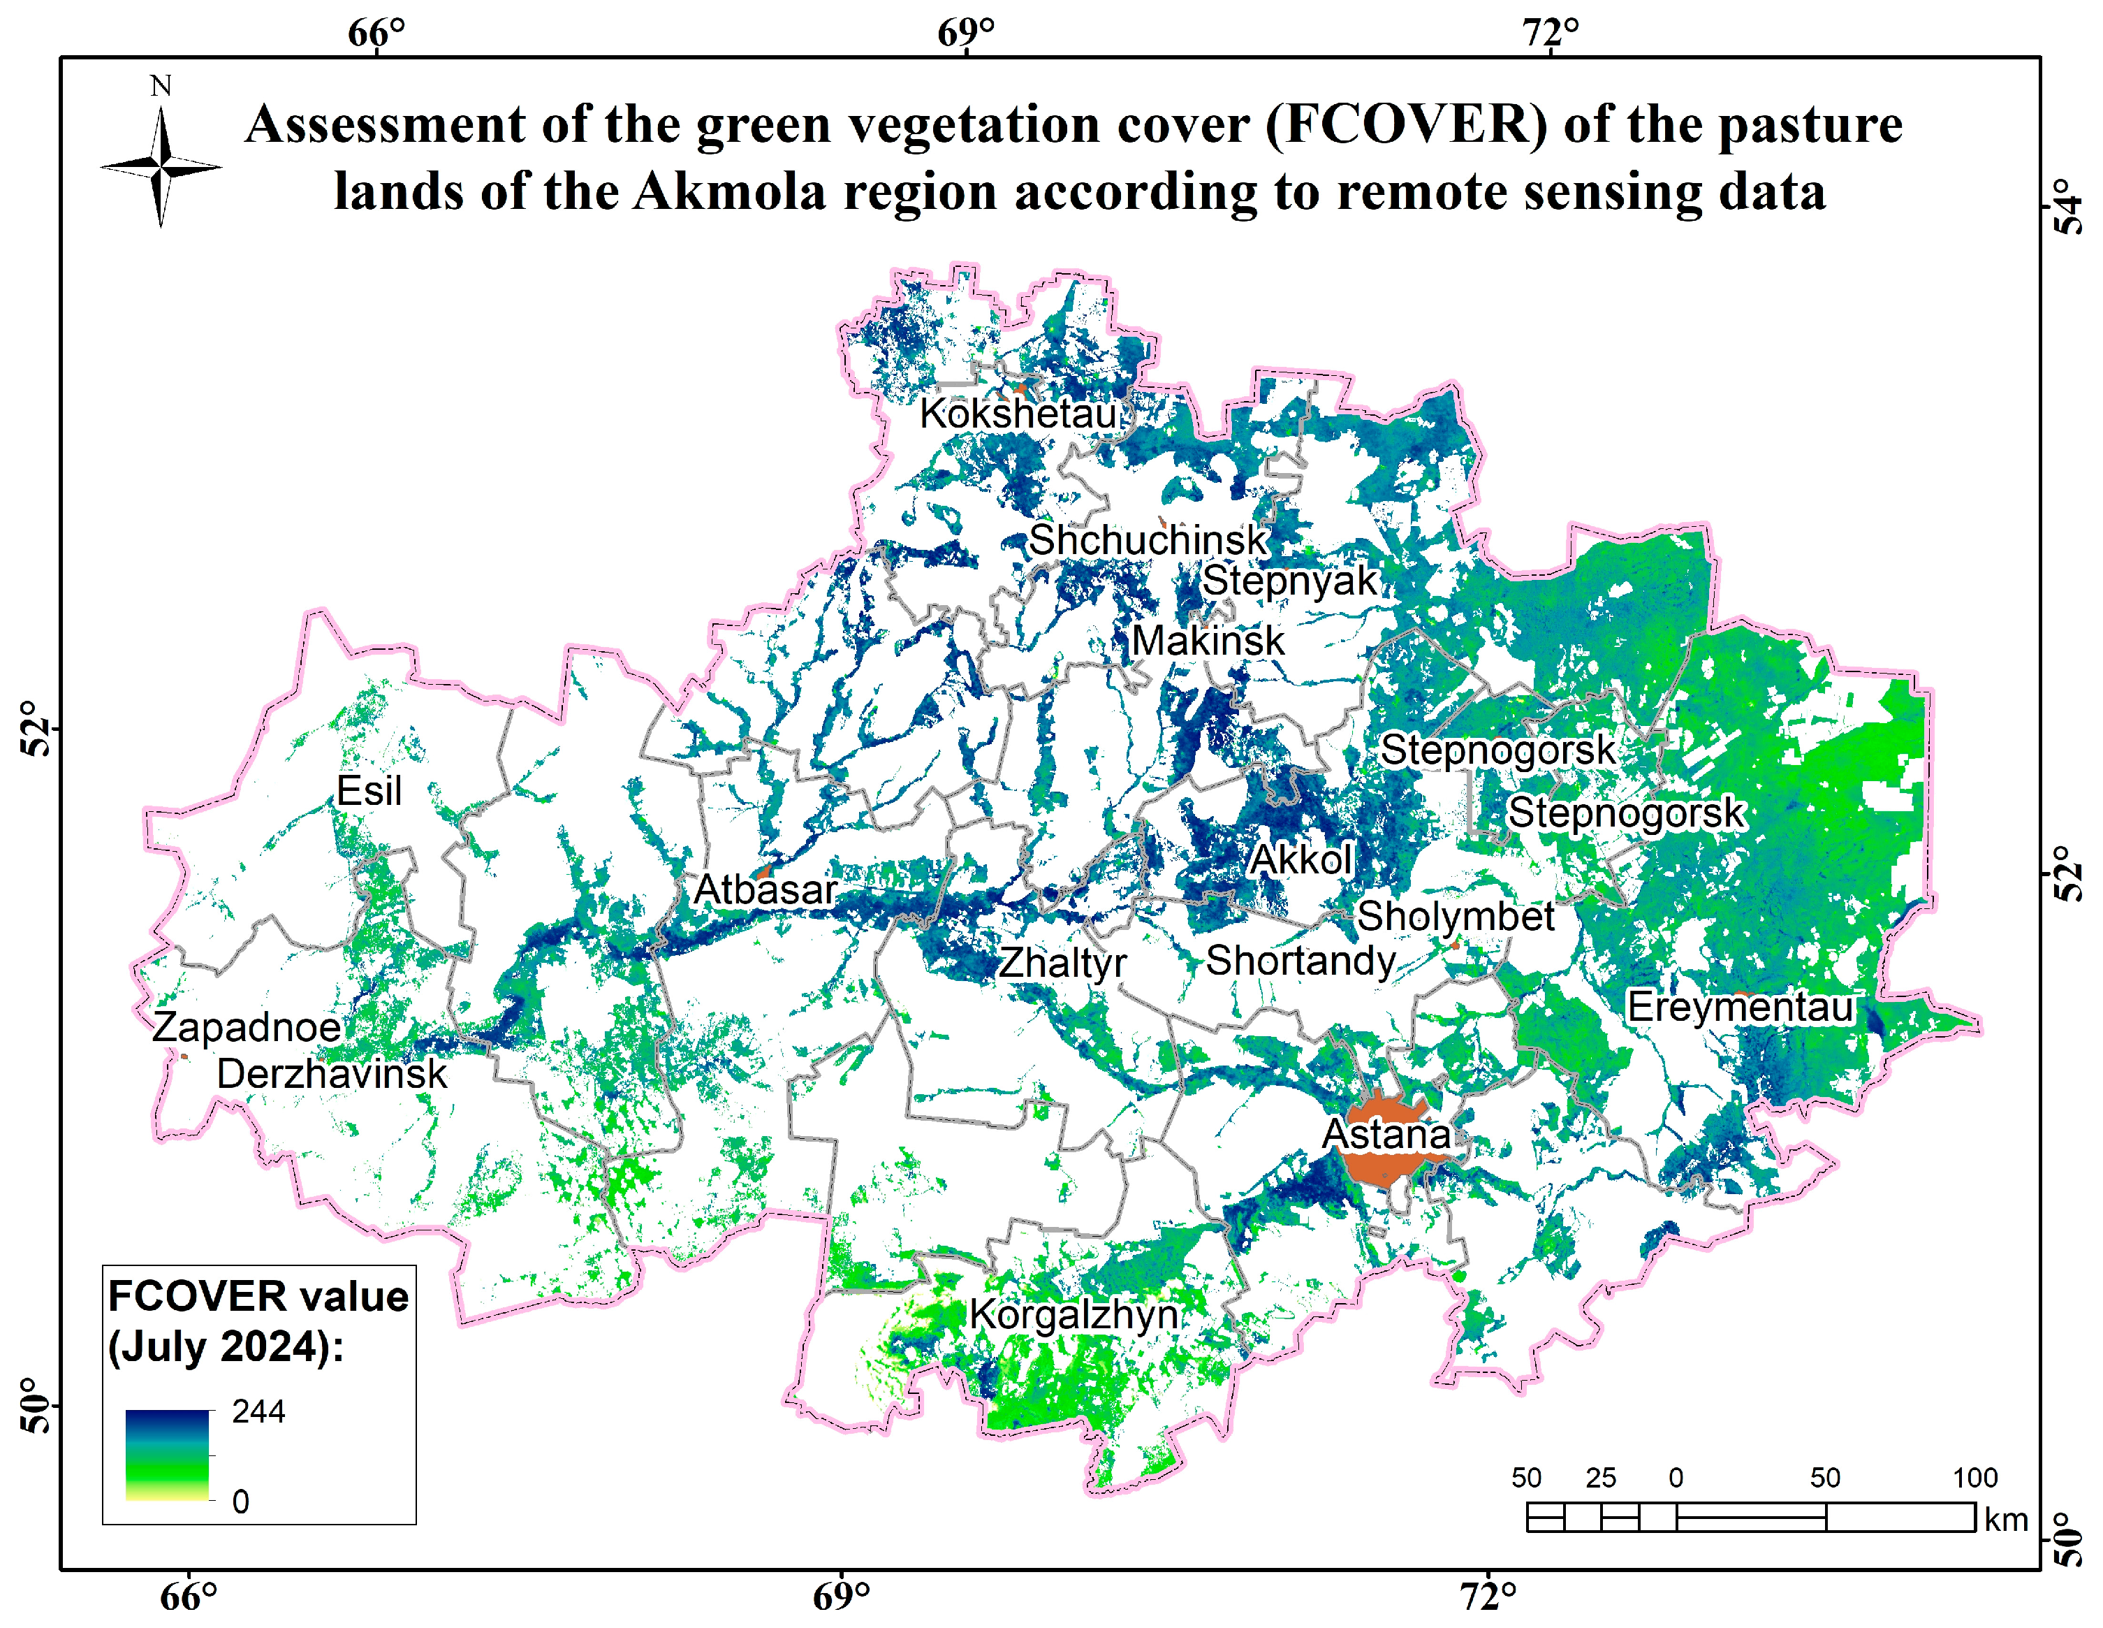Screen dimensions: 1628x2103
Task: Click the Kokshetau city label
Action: (x=1018, y=413)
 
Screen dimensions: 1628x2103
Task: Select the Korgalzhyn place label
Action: (x=1073, y=1315)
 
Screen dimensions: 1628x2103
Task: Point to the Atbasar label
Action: (x=765, y=889)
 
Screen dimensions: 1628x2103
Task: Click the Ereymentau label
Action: (x=1740, y=1008)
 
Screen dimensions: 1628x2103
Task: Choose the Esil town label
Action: (x=369, y=791)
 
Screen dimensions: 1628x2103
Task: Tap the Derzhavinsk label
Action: (x=331, y=1074)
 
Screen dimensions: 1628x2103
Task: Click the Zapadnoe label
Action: (x=247, y=1027)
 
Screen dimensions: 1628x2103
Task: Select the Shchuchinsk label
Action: (x=1148, y=539)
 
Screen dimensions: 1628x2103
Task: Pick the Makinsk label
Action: (x=1208, y=641)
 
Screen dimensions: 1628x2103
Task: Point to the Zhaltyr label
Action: (x=1062, y=962)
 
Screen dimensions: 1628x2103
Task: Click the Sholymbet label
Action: (x=1455, y=916)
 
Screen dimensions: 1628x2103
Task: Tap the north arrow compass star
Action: (x=161, y=168)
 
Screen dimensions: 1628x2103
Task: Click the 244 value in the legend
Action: (x=258, y=1412)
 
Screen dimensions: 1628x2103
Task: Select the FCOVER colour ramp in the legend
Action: (x=168, y=1455)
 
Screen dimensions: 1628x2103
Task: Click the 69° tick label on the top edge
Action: (x=966, y=33)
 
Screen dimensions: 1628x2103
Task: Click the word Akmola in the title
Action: (x=730, y=191)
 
